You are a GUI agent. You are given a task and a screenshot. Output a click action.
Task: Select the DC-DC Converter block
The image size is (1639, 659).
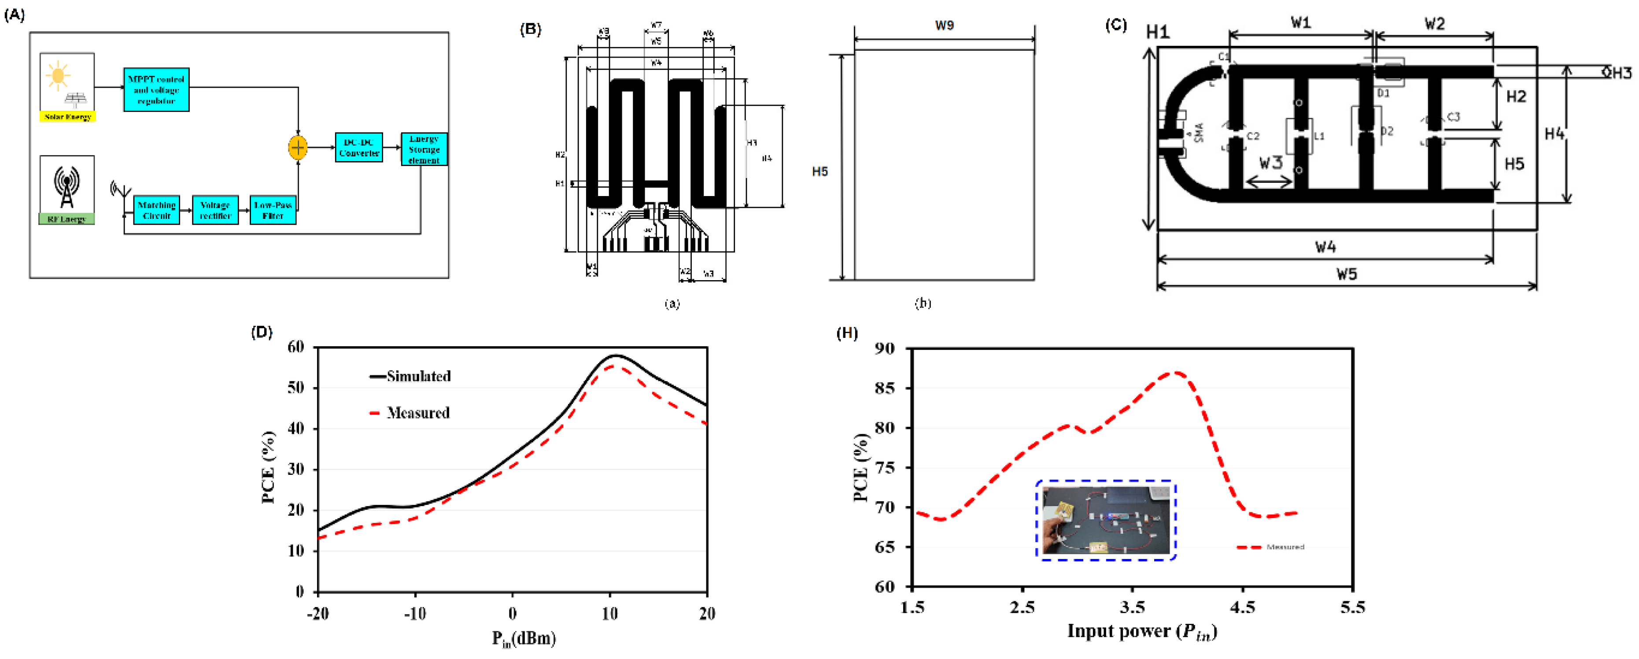(x=359, y=148)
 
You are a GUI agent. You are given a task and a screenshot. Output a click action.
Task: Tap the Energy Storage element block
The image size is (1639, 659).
(x=424, y=149)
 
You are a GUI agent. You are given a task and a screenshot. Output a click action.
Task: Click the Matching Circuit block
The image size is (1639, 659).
(x=156, y=210)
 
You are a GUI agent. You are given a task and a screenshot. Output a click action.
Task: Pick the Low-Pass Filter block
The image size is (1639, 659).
(x=273, y=210)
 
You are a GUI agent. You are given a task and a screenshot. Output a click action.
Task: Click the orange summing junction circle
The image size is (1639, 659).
(x=298, y=148)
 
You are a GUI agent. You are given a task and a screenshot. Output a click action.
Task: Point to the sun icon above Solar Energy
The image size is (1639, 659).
(x=58, y=75)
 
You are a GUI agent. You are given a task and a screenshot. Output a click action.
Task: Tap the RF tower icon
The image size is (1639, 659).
(x=67, y=187)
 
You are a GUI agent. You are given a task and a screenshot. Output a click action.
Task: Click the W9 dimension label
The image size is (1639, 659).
(x=944, y=26)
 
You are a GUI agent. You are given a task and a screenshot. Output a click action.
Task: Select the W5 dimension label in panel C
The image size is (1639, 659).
(x=1346, y=274)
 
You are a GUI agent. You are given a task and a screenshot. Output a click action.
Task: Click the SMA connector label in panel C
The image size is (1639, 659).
(x=1200, y=133)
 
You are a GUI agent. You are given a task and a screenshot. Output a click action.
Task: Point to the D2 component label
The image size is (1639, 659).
(x=1387, y=131)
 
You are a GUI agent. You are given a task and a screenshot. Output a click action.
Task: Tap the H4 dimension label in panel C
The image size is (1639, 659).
(x=1554, y=134)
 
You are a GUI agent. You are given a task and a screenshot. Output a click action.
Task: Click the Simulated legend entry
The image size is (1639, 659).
(x=418, y=376)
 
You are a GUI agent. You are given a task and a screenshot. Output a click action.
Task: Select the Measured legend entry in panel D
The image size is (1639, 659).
(x=417, y=413)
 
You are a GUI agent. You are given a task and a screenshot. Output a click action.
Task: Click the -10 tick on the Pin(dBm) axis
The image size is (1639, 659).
(x=415, y=614)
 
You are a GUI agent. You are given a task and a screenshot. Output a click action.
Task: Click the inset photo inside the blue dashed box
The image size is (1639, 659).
(x=1106, y=521)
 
